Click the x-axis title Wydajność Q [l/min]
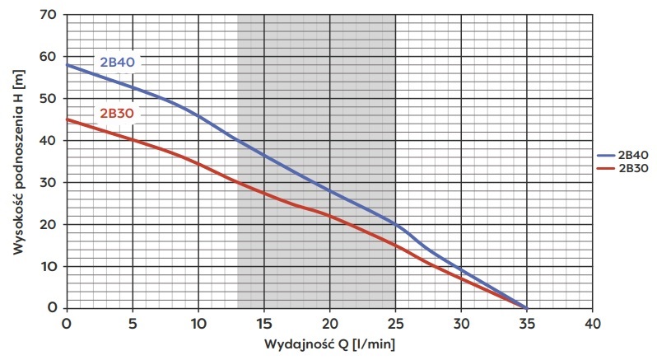click(329, 343)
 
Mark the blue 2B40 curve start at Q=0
click(68, 65)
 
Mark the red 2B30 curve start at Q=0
click(68, 119)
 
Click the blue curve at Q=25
click(395, 224)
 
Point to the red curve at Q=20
click(329, 216)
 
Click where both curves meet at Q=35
click(526, 307)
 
